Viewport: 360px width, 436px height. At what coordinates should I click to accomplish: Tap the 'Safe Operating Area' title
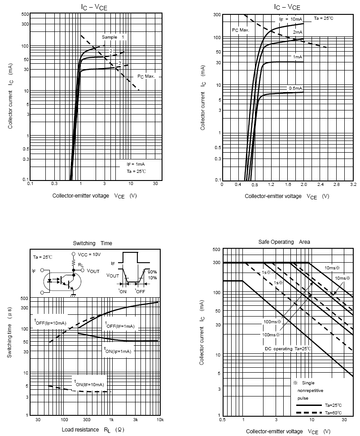coord(284,242)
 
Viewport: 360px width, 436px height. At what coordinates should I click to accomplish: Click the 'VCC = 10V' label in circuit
coord(89,255)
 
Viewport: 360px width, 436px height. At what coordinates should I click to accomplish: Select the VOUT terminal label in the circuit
coord(93,271)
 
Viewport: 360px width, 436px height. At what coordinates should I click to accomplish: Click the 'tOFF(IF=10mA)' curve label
coord(50,321)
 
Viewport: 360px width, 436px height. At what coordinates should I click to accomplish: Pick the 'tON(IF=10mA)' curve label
coord(89,383)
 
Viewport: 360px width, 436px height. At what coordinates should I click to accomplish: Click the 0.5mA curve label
coord(296,88)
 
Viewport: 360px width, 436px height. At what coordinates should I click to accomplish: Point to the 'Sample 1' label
coord(113,37)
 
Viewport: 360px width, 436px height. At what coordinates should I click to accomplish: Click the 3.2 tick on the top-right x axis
coord(352,184)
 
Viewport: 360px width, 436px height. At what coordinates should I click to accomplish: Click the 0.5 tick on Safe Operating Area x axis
coord(222,419)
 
